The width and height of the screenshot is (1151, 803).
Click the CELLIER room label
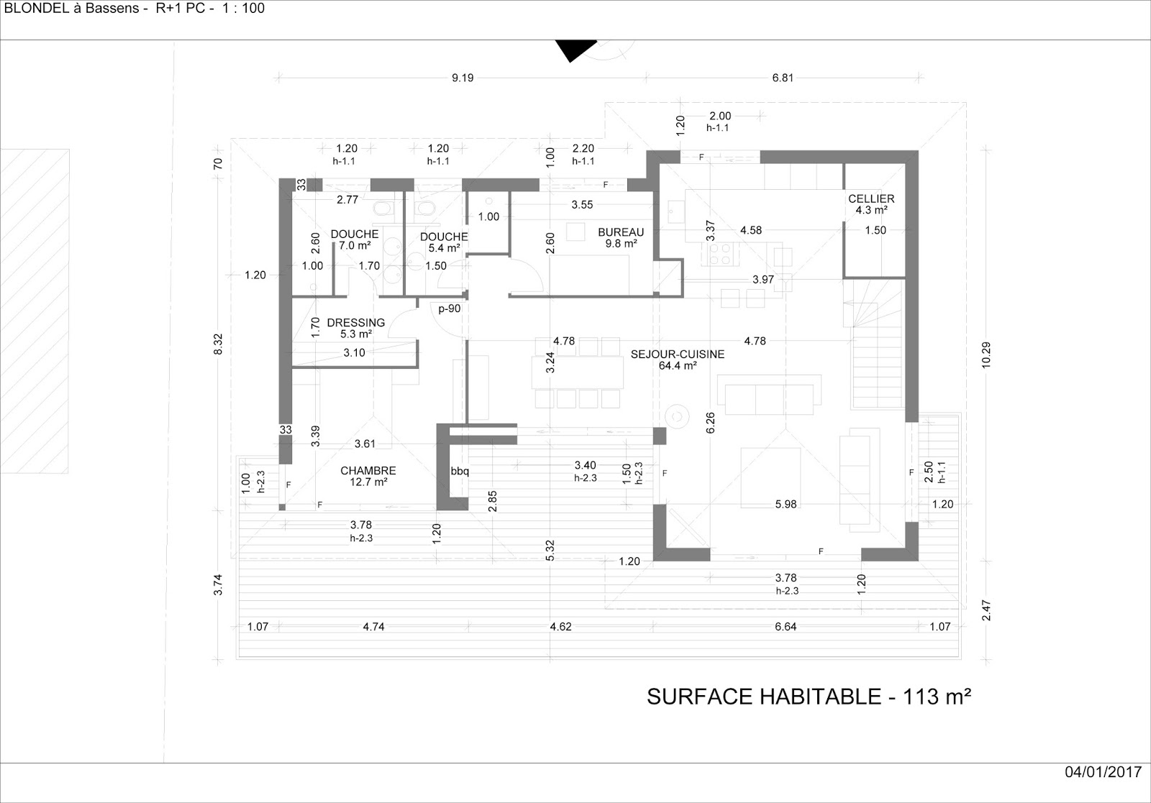point(871,204)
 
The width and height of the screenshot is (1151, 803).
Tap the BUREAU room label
point(621,238)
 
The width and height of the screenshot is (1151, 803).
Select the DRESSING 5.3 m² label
point(355,328)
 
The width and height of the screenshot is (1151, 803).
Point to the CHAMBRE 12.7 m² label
point(368,476)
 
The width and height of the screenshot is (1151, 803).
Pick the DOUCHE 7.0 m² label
point(355,239)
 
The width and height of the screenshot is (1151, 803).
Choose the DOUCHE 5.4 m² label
point(444,242)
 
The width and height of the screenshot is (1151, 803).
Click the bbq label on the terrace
point(460,471)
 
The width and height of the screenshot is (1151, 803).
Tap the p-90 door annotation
point(450,308)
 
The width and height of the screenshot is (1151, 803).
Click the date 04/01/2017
point(1103,772)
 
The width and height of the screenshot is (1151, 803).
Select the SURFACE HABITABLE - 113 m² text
point(809,697)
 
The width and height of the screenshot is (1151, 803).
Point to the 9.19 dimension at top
point(463,78)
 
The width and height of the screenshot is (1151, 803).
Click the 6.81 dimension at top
point(783,78)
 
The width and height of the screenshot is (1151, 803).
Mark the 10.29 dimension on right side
point(986,355)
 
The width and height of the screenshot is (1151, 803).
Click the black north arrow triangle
point(575,50)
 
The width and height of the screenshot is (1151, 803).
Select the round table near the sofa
point(677,416)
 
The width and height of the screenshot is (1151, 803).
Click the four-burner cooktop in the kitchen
point(721,254)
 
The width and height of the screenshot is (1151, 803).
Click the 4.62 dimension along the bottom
point(560,626)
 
